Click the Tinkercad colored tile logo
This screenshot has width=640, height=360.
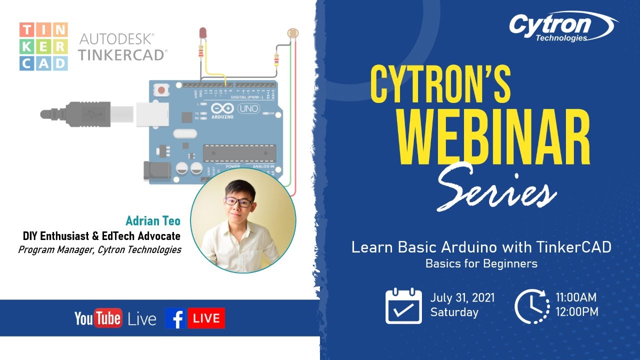coord(43,46)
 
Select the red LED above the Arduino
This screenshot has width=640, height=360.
coord(202,33)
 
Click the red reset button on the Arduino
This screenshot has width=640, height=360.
coord(162,90)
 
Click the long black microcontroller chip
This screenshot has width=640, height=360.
coord(239,152)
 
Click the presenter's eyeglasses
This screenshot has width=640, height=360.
coord(238,202)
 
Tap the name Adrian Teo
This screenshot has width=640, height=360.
coord(153,221)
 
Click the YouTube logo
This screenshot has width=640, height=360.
coord(98,318)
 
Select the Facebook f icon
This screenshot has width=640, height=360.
coord(175,318)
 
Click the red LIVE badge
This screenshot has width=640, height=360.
coord(206,318)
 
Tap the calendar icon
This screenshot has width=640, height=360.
coord(403,306)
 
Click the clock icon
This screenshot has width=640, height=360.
coord(532,306)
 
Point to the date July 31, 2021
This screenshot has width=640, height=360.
coord(462,298)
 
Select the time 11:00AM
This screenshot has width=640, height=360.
coord(576,298)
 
